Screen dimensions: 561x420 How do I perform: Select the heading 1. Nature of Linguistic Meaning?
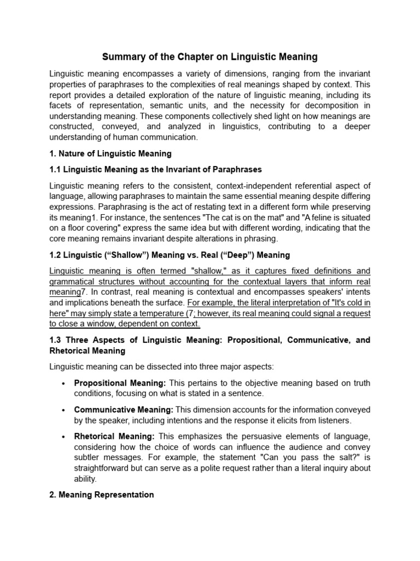click(x=110, y=153)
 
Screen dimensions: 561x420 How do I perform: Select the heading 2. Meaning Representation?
click(x=101, y=494)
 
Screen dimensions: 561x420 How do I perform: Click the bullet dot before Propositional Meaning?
click(x=64, y=383)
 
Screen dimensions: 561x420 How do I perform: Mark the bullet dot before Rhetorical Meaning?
click(x=64, y=437)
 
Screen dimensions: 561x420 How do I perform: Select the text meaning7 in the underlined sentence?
click(x=65, y=293)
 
